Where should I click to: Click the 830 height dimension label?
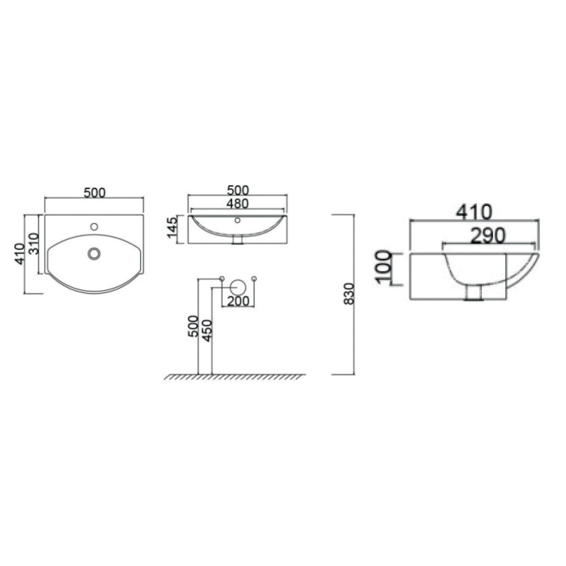tap(350, 294)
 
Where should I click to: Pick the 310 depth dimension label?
tap(34, 244)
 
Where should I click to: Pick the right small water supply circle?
tap(254, 278)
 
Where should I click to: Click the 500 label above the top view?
tap(94, 193)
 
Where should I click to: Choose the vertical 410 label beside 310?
tap(21, 254)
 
